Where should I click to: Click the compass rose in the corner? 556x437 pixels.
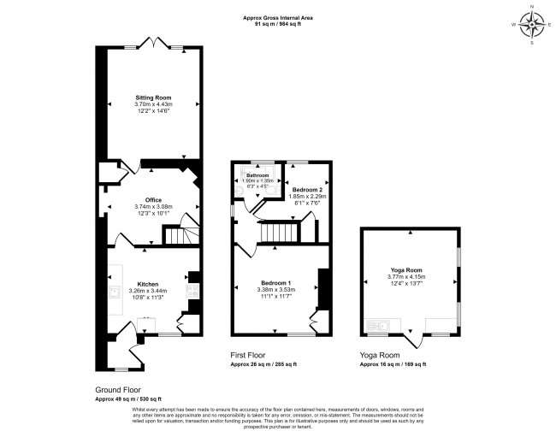click(532, 25)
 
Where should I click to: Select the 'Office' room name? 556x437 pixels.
click(153, 200)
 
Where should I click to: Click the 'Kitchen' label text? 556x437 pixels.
click(148, 284)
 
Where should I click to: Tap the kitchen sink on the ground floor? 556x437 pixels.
click(114, 292)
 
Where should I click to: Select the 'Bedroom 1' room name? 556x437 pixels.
click(276, 282)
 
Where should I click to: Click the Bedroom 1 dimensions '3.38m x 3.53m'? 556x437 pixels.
click(276, 289)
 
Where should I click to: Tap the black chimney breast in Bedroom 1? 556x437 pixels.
click(324, 288)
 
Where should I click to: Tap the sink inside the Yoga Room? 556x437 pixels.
click(377, 323)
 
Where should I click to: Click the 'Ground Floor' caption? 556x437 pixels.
click(116, 390)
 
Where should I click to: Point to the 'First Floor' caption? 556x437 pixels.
click(248, 354)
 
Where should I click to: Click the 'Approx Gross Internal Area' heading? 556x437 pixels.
click(277, 18)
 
